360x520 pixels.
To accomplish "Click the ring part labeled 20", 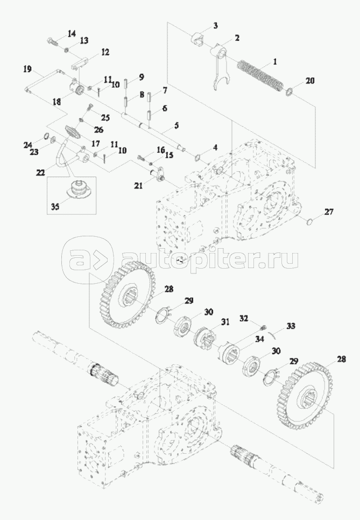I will [289, 91].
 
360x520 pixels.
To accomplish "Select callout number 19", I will [27, 68].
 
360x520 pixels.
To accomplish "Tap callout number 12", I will [104, 52].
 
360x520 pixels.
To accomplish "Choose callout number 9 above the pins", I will [141, 77].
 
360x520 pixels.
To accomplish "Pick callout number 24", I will [27, 144].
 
